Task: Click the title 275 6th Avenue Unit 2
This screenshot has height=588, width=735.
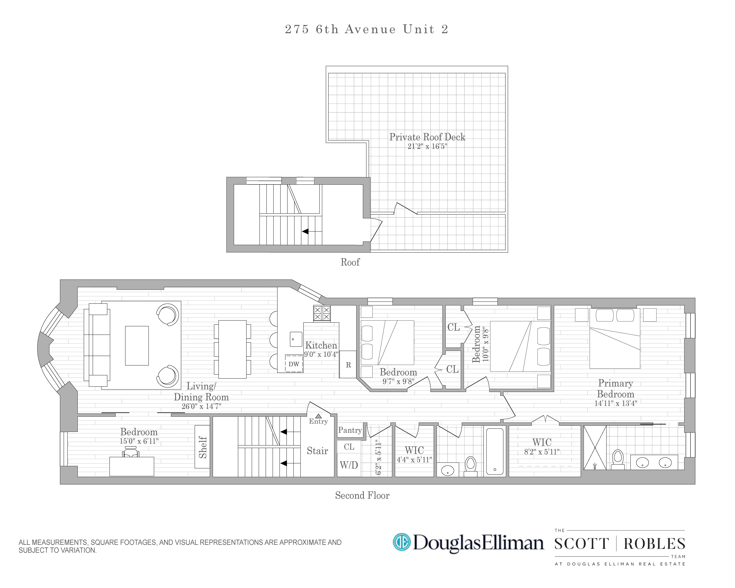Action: (367, 29)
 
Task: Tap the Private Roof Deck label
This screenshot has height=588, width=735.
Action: (427, 137)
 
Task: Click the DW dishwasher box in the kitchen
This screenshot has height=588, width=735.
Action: (294, 364)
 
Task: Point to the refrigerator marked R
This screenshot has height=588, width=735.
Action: (348, 365)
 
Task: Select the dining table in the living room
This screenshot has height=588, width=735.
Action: (232, 349)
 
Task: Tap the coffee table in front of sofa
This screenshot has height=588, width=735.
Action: (137, 346)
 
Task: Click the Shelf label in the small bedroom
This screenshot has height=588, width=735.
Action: (203, 447)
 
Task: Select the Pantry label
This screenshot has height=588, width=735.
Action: (350, 430)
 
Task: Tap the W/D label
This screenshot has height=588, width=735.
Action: (349, 465)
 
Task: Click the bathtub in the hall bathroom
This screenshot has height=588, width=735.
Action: (494, 451)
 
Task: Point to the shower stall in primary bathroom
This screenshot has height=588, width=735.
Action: (595, 448)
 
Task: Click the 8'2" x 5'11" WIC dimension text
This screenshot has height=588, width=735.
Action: (542, 452)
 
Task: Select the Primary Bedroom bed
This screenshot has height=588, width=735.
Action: (615, 338)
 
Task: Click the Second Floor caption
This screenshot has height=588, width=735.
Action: (362, 495)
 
